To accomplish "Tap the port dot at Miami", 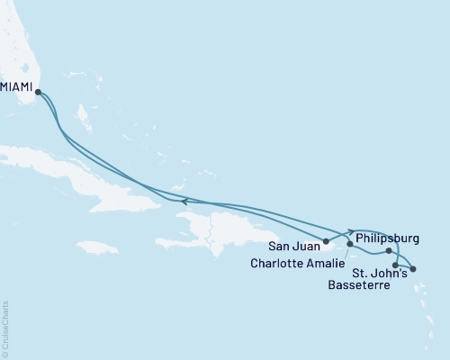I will tap(38, 90).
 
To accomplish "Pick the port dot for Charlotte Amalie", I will tap(350, 244).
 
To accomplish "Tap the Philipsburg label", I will tap(388, 238).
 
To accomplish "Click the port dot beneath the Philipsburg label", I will tap(389, 251).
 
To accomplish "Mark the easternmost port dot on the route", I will tap(413, 269).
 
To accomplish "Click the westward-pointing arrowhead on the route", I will tap(185, 202).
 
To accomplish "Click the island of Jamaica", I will tap(98, 247).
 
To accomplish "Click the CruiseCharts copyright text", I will tap(5, 328).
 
